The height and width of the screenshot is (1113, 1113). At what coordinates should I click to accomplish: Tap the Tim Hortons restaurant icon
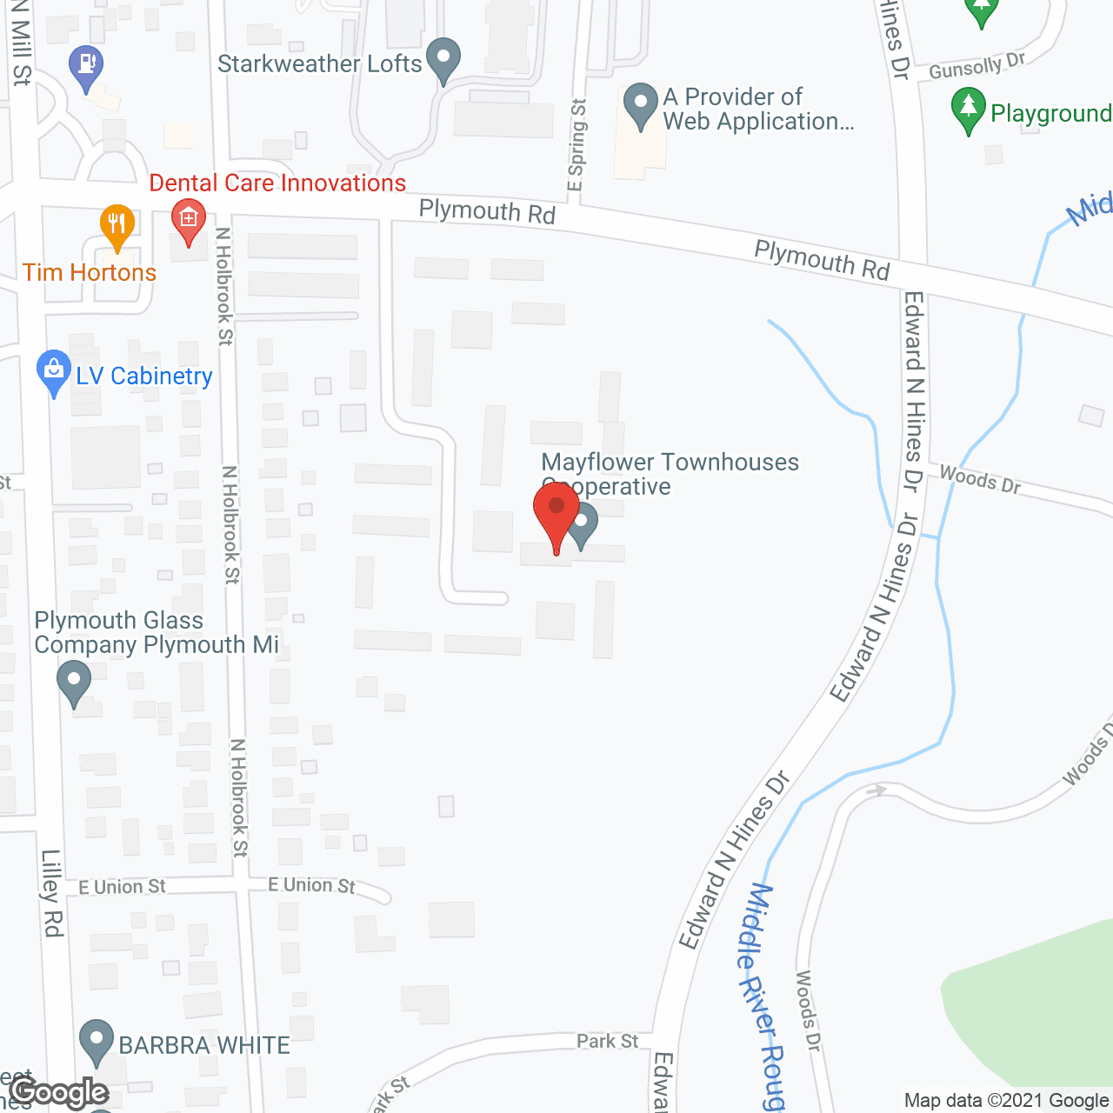[117, 224]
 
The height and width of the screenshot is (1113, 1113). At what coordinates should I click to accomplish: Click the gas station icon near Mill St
[86, 65]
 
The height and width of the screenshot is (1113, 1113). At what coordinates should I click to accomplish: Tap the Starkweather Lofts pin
[444, 59]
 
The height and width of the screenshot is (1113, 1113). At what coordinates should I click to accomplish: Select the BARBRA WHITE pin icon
[96, 1040]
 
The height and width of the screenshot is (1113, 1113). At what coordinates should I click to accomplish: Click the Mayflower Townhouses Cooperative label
[670, 473]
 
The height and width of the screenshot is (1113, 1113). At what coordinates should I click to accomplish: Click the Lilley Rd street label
[51, 893]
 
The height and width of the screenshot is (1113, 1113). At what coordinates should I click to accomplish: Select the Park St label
[607, 1041]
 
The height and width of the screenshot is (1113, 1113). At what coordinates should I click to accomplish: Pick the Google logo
[59, 1092]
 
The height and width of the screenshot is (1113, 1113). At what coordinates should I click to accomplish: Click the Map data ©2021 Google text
[1006, 1100]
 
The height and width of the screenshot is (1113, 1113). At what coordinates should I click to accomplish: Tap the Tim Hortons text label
[90, 272]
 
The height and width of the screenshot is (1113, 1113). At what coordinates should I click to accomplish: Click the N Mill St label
[20, 43]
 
